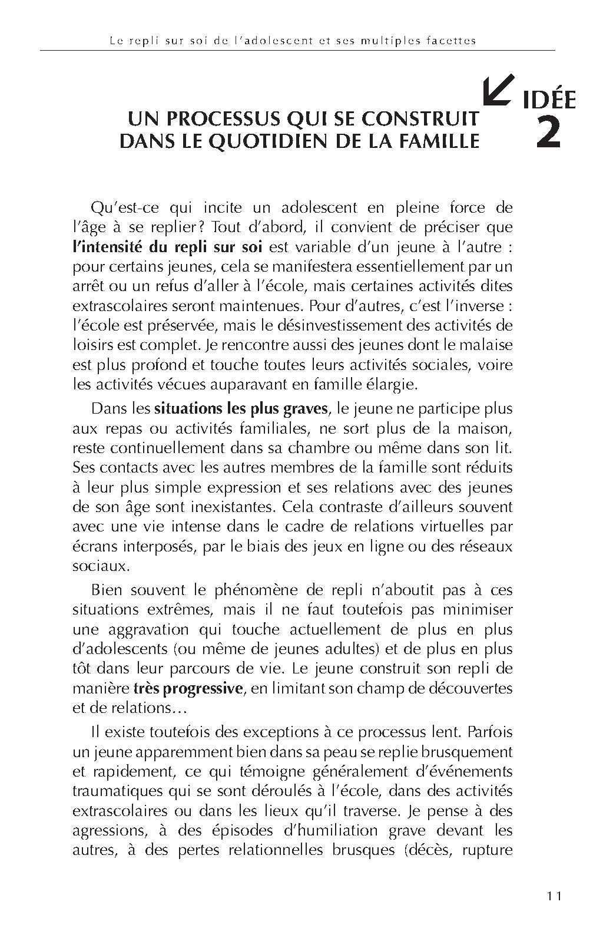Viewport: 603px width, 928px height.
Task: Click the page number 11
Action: [554, 896]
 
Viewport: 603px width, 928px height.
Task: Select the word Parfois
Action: [490, 732]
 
